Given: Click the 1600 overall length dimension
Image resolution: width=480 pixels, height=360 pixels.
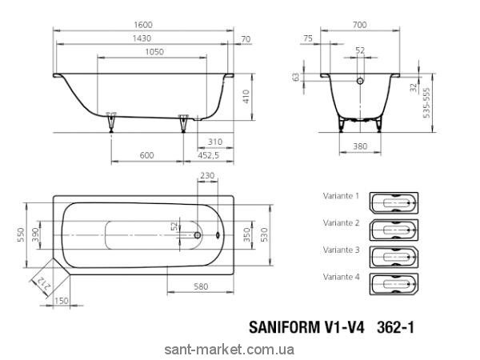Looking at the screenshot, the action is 143,25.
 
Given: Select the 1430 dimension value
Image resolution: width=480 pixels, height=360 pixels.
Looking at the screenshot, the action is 142,38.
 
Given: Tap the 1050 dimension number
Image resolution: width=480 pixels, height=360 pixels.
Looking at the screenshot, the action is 154,52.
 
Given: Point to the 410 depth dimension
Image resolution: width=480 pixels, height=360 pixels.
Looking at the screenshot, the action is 246,97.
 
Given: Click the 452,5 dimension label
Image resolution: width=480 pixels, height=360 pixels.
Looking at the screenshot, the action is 209,155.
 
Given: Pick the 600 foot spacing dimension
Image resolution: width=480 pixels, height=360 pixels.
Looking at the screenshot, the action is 146,155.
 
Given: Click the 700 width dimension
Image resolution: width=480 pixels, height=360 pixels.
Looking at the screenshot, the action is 359,25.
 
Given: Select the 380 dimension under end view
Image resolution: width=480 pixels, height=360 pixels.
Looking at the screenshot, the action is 360,146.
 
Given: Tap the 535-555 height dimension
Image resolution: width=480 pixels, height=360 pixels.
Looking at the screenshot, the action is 426,103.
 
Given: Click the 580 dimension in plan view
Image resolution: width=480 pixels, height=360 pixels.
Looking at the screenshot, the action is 201,286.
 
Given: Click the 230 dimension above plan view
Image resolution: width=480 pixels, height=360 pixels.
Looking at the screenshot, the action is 207,176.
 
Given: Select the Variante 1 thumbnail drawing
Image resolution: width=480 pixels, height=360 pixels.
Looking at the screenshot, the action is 394,202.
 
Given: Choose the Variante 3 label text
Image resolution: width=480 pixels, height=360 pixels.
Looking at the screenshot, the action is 341,250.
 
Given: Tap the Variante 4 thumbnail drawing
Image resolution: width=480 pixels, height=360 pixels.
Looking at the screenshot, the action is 394,284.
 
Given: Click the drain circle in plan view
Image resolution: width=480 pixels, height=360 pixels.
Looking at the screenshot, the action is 198,235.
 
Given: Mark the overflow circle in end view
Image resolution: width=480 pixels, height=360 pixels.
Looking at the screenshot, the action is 360,81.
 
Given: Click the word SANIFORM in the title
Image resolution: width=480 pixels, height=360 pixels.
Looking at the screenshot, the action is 284,327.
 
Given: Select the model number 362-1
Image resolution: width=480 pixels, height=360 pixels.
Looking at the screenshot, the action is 395,327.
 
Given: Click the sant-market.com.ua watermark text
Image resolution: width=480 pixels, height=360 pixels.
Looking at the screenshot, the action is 230,350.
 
